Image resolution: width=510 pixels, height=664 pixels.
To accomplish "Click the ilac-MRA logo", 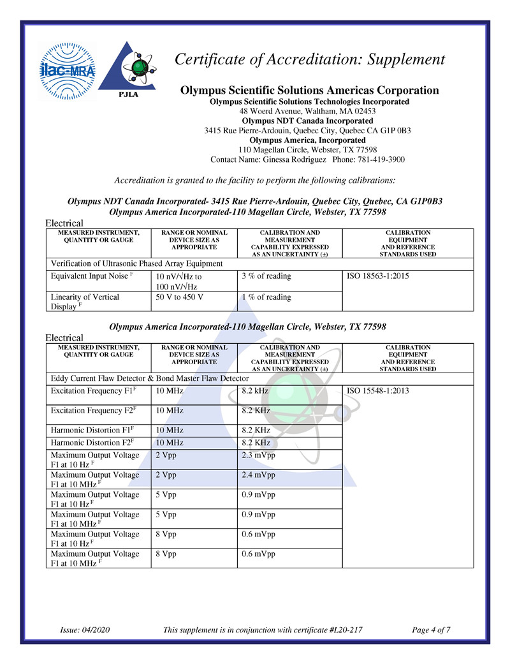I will coord(67,71).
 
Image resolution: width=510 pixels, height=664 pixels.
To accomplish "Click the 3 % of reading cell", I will coord(266,276).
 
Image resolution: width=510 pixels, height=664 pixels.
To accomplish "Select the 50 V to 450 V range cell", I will coord(180,297).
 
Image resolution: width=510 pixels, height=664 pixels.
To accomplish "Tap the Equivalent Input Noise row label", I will coord(92,276).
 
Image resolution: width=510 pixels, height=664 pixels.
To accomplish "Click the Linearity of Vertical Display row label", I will coord(85,302).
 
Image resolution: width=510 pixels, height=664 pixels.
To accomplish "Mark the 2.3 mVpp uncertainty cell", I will coord(259,455).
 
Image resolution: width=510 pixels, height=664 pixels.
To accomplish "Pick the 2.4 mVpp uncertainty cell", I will coord(259,475).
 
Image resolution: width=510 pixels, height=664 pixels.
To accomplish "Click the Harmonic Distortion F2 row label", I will coord(92,442).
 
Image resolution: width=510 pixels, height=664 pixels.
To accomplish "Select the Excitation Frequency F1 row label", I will coord(92,390).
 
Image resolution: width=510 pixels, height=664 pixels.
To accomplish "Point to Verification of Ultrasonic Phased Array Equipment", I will coord(136,263).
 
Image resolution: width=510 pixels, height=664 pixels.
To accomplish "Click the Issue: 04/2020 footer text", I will coord(85,630).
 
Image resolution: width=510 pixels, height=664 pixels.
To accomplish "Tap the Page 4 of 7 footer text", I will coord(432,630).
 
